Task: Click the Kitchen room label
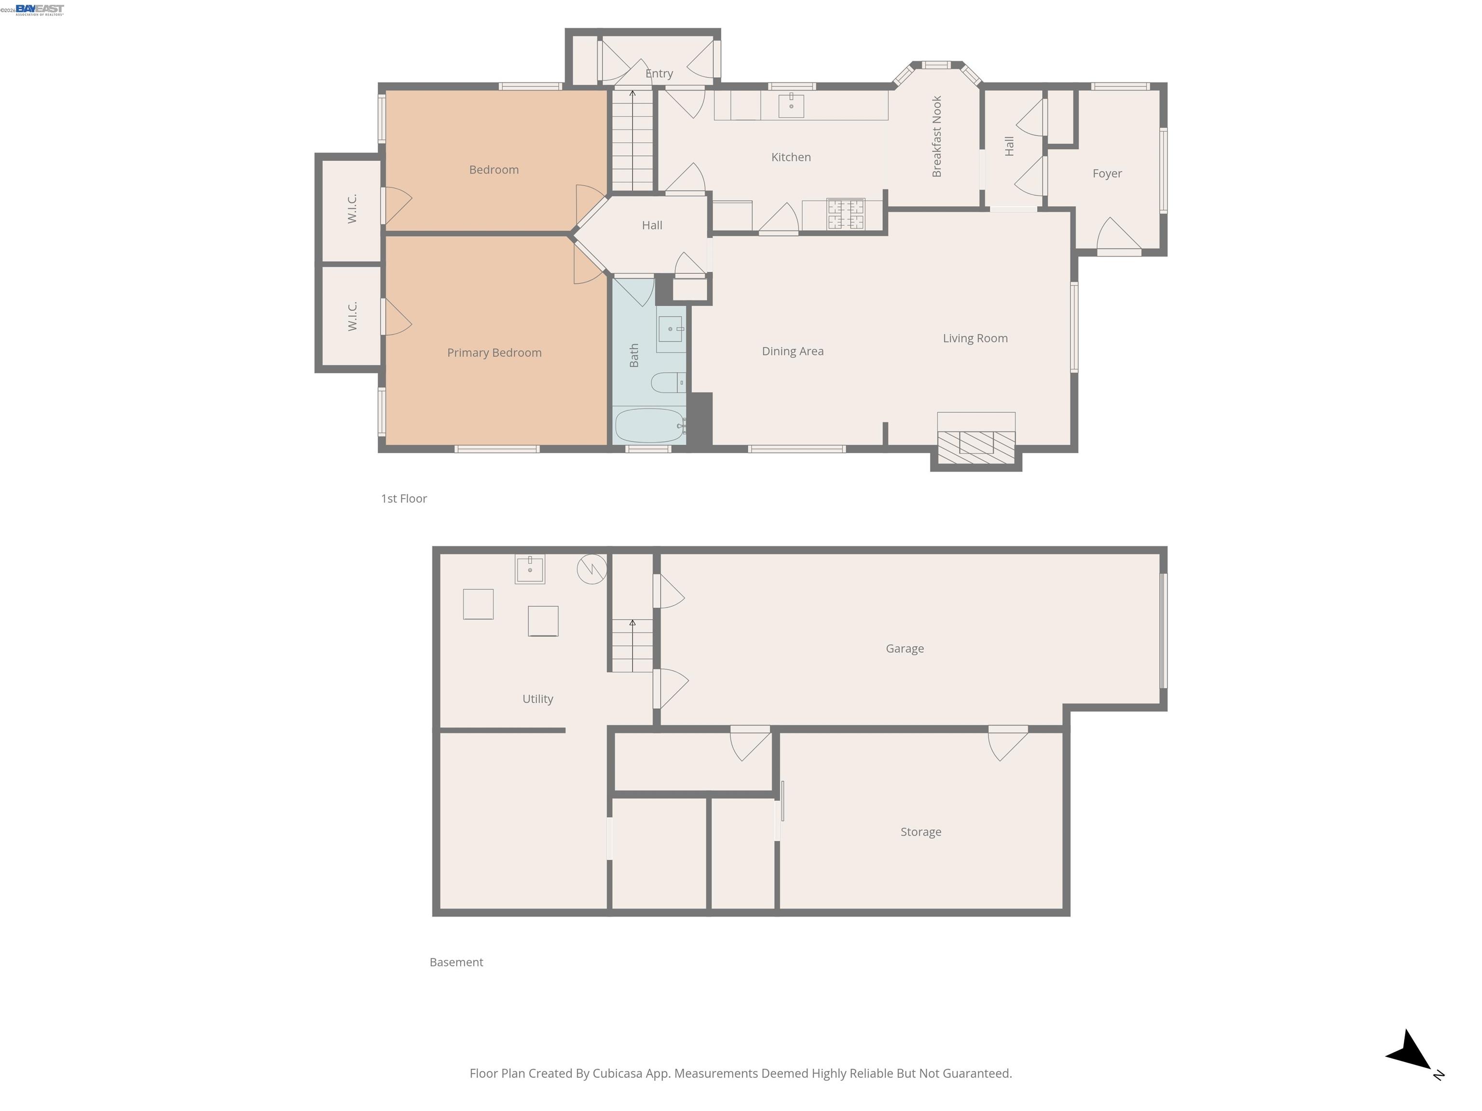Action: (x=791, y=157)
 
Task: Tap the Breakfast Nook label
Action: (x=937, y=136)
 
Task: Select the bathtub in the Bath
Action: (x=648, y=426)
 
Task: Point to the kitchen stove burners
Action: (x=846, y=214)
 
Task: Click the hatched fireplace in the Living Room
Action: (x=975, y=447)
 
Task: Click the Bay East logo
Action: (x=40, y=9)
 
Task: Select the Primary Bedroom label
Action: (x=494, y=353)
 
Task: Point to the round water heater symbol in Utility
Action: (x=591, y=569)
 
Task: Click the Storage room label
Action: (x=920, y=832)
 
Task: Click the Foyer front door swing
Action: (x=1117, y=236)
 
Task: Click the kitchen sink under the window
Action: (x=791, y=106)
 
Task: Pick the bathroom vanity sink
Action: (x=670, y=329)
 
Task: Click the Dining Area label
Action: (x=793, y=352)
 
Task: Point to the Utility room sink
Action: (x=529, y=569)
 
